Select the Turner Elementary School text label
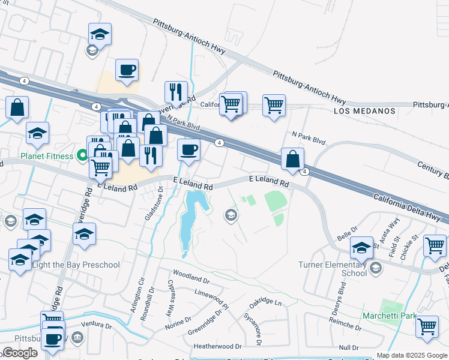(x=332, y=269)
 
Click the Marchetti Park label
(x=389, y=316)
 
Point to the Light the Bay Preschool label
(x=67, y=265)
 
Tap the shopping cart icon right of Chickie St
(x=435, y=245)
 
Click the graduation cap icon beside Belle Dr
(x=362, y=247)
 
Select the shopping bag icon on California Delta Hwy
(x=292, y=159)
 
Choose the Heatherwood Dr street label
(x=217, y=347)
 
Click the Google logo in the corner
(x=20, y=353)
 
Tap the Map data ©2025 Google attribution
(x=412, y=355)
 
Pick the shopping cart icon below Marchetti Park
(x=427, y=326)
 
